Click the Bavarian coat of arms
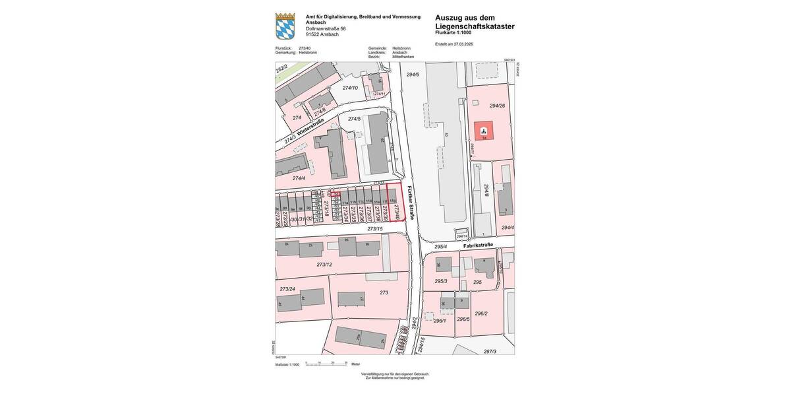point(285,26)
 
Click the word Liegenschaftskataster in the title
point(475,26)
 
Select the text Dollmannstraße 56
point(326,28)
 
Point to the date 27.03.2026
point(463,44)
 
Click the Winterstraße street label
point(310,127)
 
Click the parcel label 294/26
point(497,106)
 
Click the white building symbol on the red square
point(483,129)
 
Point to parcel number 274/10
point(350,88)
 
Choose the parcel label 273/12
point(324,265)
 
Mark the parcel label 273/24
point(287,289)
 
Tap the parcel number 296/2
point(481,313)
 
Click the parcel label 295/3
point(441,281)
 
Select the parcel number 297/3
point(490,351)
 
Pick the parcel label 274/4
point(299,178)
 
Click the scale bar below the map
point(327,364)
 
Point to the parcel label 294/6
point(413,75)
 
